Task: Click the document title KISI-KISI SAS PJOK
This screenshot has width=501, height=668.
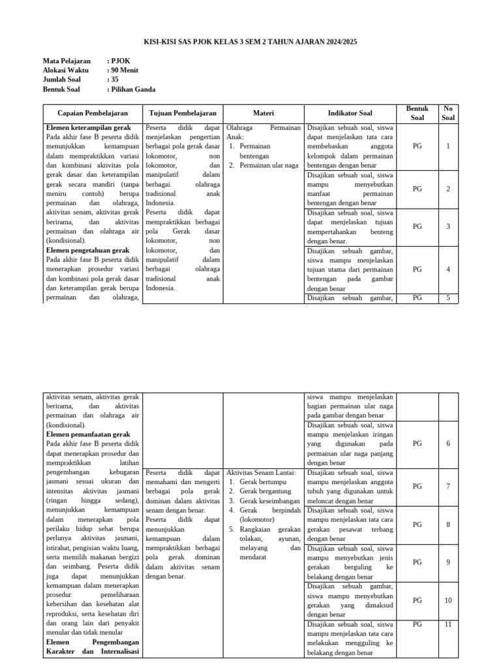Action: (x=250, y=42)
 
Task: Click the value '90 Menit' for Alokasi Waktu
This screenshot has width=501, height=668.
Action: (x=125, y=70)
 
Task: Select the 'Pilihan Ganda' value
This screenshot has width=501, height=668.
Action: (x=133, y=89)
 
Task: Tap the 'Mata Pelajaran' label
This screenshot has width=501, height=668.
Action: (x=67, y=61)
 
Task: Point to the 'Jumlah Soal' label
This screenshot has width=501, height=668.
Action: (x=61, y=80)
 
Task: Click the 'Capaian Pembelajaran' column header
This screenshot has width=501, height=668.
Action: (x=93, y=113)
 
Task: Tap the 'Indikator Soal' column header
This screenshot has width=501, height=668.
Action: (x=350, y=113)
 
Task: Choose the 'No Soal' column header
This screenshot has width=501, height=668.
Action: (x=448, y=113)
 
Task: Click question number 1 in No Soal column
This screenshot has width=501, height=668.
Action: (x=448, y=146)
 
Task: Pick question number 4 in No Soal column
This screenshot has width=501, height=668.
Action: (x=448, y=269)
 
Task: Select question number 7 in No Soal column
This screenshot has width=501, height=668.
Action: (x=448, y=486)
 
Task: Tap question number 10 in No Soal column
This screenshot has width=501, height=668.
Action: (x=448, y=600)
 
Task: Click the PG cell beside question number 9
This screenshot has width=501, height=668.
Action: (x=417, y=562)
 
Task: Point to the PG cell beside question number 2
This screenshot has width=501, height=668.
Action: (x=417, y=189)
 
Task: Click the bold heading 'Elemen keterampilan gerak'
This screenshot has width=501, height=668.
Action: (x=88, y=128)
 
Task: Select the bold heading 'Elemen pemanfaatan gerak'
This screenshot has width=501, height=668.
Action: (x=88, y=434)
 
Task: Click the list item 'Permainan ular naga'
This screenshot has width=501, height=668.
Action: (x=269, y=166)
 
